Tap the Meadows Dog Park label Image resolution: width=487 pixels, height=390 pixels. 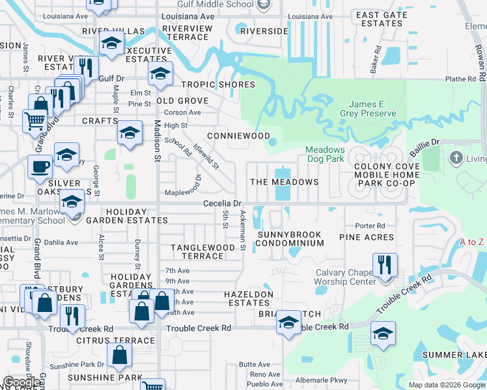326,154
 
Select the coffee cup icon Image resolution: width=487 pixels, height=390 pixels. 40,168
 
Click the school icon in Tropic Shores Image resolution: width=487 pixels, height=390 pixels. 160,75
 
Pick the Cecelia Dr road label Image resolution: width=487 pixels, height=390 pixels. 222,203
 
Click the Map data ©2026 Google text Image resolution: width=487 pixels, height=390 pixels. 446,385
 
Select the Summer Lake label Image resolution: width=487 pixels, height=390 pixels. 454,355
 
